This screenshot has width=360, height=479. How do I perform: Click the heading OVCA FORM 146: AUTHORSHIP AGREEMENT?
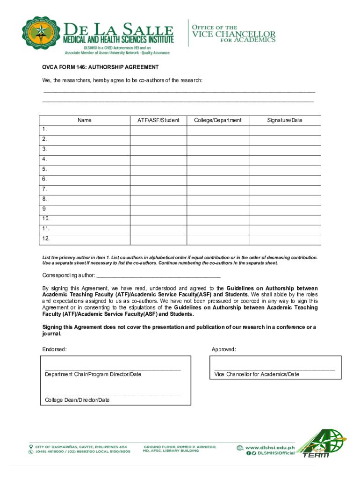101,67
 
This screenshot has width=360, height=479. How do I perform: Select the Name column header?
85,120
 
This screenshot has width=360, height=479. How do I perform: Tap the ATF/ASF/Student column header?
158,120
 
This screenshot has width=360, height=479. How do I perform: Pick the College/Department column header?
217,120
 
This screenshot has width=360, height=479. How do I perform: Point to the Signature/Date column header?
284,120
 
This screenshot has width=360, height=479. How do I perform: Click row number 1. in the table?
44,129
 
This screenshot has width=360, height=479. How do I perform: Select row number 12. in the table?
46,239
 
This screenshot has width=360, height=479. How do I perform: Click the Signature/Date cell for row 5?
284,169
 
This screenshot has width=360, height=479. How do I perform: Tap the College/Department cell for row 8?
217,199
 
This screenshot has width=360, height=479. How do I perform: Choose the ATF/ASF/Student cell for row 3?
158,149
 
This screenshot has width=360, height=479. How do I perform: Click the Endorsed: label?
55,349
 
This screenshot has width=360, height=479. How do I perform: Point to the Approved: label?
224,349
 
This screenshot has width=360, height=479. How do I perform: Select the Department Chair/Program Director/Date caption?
93,374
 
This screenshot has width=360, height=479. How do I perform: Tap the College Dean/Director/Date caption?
77,400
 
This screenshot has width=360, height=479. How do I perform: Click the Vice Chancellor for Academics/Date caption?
257,374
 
